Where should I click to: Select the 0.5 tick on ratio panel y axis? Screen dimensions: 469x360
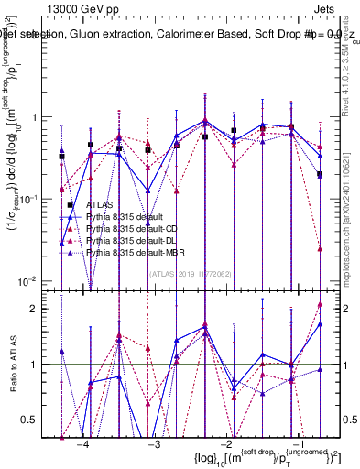point(42,420)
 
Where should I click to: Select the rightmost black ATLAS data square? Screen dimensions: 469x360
point(320,174)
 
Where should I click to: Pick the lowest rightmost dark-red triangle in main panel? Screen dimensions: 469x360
point(320,248)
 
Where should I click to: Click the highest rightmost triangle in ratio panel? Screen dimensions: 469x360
point(320,304)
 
